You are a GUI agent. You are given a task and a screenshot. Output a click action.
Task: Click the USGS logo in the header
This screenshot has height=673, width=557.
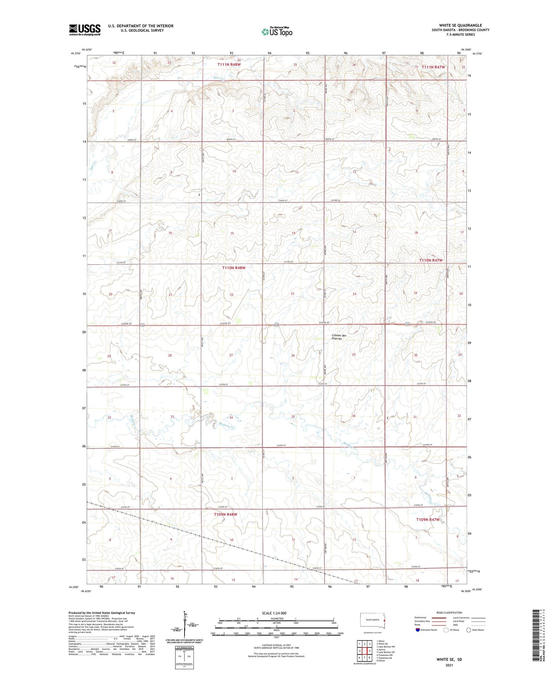click(85, 30)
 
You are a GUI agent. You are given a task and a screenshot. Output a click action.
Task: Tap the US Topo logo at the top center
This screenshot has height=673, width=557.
click(277, 32)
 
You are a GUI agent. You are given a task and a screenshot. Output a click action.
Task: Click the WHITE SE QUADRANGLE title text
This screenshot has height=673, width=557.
click(460, 25)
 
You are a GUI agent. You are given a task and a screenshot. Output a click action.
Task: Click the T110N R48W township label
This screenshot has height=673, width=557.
click(234, 268)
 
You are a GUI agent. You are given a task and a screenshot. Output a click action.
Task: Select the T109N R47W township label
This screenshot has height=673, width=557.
click(428, 520)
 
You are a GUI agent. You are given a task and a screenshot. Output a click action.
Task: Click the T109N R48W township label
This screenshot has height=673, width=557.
click(225, 514)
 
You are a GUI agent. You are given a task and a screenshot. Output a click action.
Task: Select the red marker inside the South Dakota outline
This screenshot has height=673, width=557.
click(384, 620)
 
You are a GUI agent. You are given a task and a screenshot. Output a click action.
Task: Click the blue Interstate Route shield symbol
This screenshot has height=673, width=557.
click(417, 630)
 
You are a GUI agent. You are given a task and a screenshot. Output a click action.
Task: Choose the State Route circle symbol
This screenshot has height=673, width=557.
click(469, 630)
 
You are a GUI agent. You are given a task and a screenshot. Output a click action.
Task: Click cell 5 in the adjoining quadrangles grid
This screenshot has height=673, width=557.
click(369, 651)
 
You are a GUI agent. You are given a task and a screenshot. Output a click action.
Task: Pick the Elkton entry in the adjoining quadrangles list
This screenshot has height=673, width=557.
click(381, 661)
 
